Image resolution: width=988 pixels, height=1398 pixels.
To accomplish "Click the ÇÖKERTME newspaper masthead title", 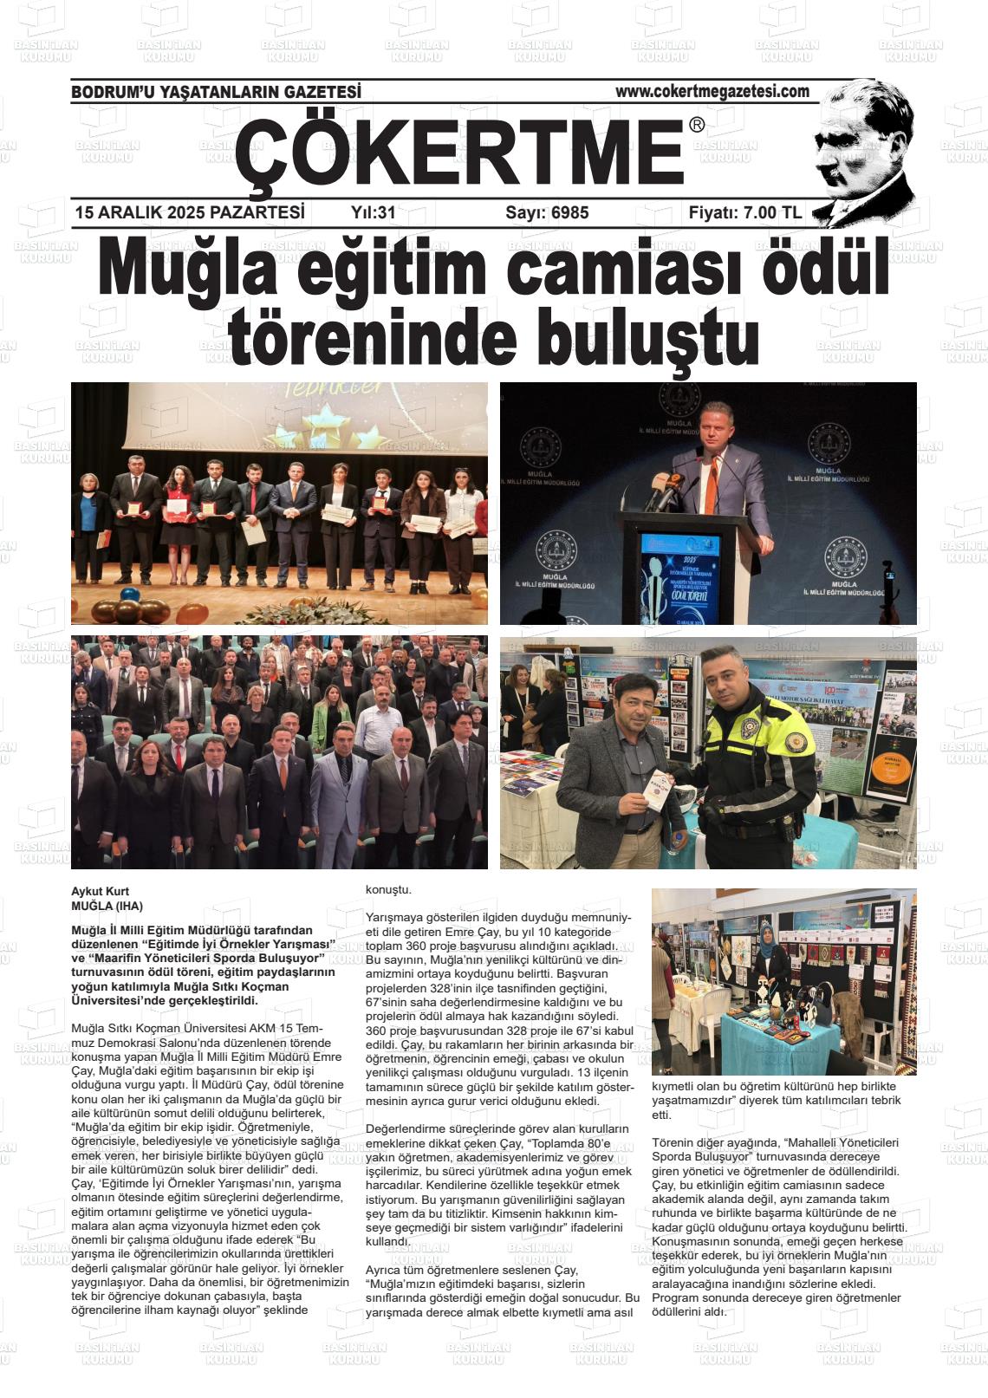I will (459, 153).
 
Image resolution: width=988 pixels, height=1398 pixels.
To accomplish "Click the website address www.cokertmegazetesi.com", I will (712, 91).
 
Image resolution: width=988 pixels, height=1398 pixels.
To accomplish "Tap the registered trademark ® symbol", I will (697, 126).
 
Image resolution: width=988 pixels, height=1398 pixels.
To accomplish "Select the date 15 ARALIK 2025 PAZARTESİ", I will (190, 212).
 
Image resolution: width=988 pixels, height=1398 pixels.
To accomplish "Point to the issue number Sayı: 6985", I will (547, 212).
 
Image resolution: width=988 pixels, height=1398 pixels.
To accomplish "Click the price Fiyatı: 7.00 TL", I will (744, 212).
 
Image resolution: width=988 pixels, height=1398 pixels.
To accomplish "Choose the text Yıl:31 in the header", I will (374, 212).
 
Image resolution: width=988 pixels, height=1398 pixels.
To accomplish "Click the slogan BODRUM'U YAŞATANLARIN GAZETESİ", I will (216, 92).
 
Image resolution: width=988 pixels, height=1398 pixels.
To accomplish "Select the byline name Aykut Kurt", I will (100, 891).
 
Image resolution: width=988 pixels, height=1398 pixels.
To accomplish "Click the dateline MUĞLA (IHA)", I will (107, 905).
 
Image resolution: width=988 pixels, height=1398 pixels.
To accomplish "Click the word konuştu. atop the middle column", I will (389, 890).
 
